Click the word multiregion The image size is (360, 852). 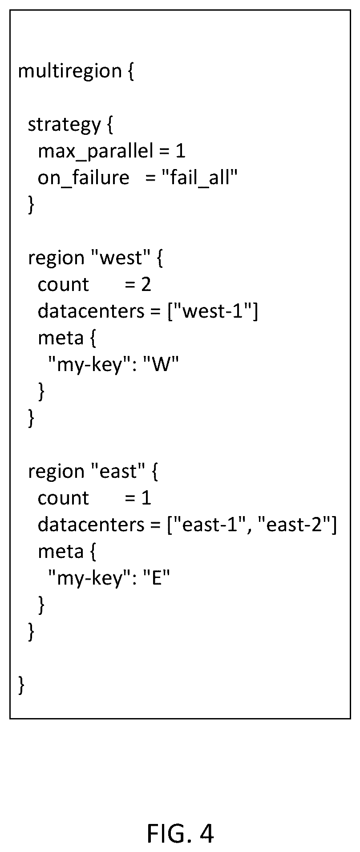pyautogui.click(x=69, y=72)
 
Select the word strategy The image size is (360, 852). pyautogui.click(x=65, y=125)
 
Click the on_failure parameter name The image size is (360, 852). pyautogui.click(x=84, y=178)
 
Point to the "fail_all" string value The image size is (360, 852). pyautogui.click(x=200, y=178)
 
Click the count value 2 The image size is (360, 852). pyautogui.click(x=146, y=285)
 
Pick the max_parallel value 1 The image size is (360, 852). pyautogui.click(x=180, y=151)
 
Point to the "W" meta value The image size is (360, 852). pyautogui.click(x=160, y=365)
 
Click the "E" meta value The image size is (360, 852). pyautogui.click(x=156, y=578)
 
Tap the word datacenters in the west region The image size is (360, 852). pyautogui.click(x=91, y=311)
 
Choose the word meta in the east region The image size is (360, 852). pyautogui.click(x=61, y=552)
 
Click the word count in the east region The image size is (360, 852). pyautogui.click(x=63, y=499)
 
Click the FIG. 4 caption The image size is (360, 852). pyautogui.click(x=180, y=833)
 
